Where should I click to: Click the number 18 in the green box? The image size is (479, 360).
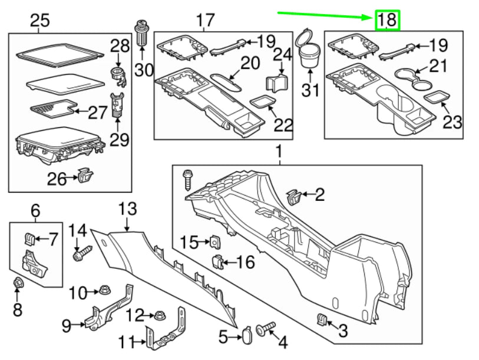coord(387,20)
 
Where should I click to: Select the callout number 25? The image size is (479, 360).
coord(39,21)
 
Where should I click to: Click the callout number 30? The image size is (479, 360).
coord(143,70)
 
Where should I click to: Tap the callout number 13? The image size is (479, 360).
coord(127,209)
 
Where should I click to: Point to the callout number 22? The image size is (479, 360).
coord(283,125)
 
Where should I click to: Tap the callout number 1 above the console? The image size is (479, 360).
coord(279,154)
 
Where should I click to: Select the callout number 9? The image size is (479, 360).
coord(67,324)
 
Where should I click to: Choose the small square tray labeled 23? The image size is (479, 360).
coord(436,97)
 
